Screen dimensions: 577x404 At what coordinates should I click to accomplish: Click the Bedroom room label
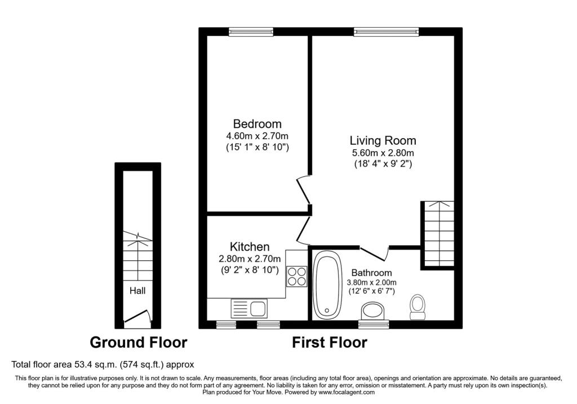click(257, 123)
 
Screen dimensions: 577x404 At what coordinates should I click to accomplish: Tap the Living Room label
click(383, 140)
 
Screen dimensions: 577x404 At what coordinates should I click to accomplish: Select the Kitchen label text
click(250, 247)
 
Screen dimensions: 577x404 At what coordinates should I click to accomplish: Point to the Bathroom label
click(371, 273)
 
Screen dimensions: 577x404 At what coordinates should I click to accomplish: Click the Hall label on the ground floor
click(137, 291)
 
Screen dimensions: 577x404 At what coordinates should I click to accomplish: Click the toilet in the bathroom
click(418, 307)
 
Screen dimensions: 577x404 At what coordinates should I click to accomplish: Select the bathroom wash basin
click(373, 311)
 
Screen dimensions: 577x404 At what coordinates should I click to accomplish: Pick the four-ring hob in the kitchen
click(296, 276)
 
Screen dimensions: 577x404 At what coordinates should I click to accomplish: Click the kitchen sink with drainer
click(249, 308)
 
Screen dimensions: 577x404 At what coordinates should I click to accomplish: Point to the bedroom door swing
click(304, 190)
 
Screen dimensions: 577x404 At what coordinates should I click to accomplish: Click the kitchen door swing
click(304, 230)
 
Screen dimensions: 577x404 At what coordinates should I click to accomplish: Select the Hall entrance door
click(137, 318)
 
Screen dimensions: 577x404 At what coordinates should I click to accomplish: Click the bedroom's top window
click(251, 32)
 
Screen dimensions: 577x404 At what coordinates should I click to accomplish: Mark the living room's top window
click(387, 32)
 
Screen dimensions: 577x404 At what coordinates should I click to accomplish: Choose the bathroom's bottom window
click(374, 324)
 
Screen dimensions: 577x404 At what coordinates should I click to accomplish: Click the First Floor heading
click(329, 343)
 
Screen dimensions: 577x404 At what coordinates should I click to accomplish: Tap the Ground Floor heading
click(139, 343)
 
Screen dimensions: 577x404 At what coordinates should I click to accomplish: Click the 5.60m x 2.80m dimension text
click(383, 153)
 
